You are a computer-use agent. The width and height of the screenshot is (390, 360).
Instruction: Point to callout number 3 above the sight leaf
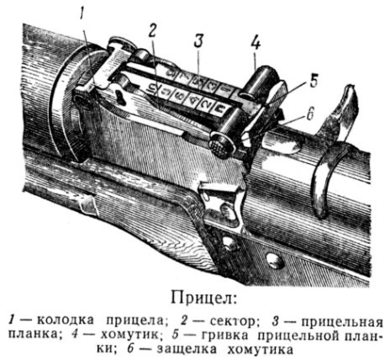pos(198,41)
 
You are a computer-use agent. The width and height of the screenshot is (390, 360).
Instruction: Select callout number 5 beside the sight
pos(314,81)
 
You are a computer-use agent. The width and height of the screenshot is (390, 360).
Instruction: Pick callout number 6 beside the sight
pos(309,115)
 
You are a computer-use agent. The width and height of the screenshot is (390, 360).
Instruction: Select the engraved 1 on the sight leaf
pos(227,89)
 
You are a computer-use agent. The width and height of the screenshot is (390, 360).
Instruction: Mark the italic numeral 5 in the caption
pos(176,335)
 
